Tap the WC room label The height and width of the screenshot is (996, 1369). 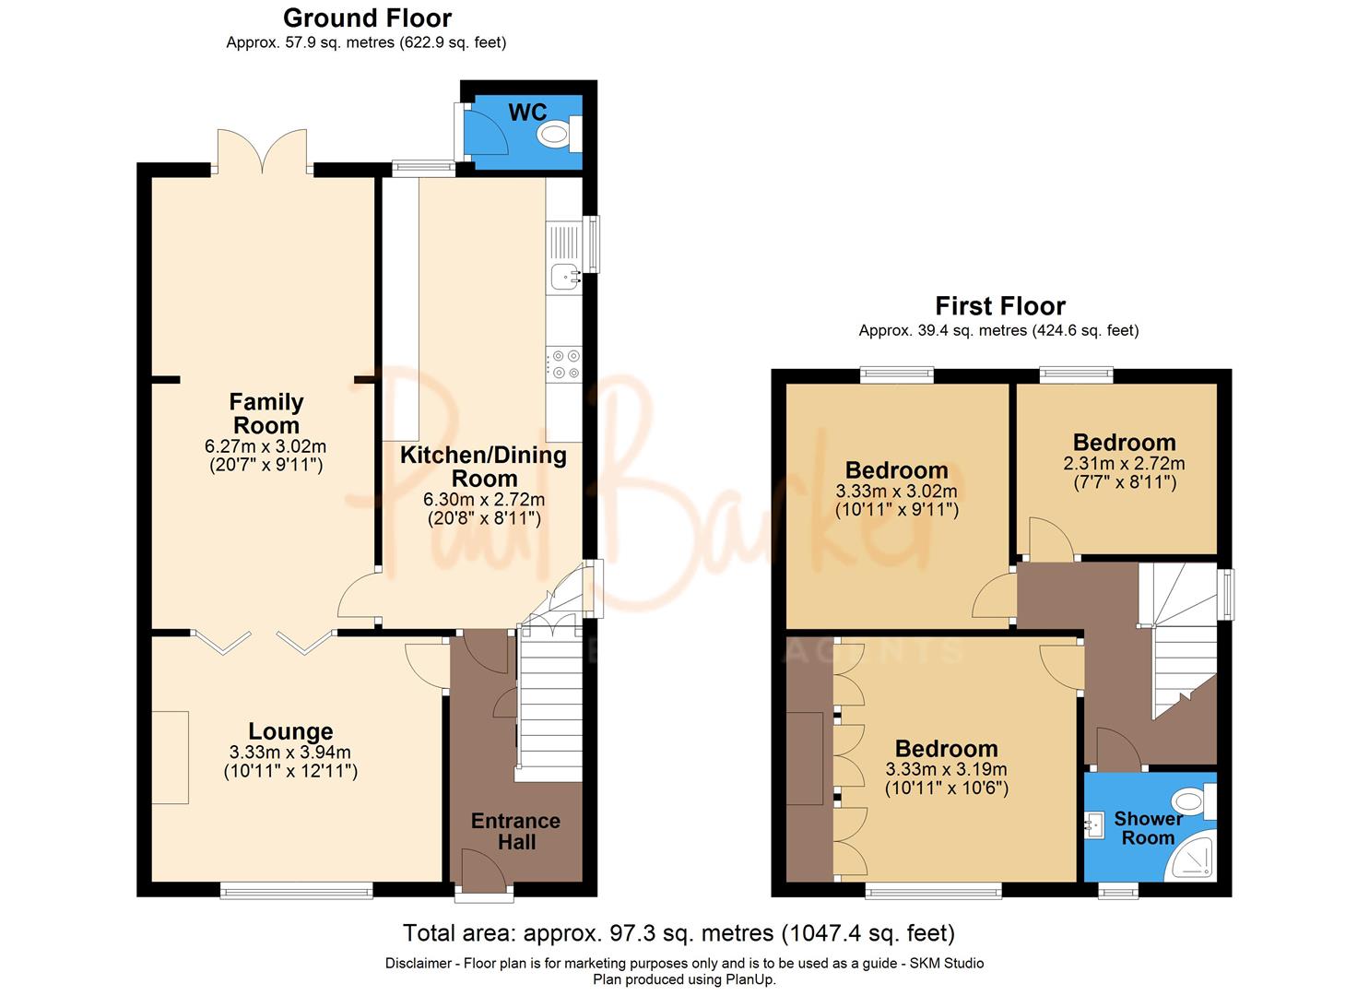coord(527,113)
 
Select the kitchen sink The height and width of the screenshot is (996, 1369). coord(564,275)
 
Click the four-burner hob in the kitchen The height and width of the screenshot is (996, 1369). coord(564,363)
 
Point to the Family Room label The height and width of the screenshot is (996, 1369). coord(266,414)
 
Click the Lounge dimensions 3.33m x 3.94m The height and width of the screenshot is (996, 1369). coord(290,753)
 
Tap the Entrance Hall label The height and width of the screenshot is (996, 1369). coord(515,831)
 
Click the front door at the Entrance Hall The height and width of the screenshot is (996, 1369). coord(484,872)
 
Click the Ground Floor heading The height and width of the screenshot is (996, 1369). coord(367,18)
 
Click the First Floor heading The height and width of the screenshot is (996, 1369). coord(1000,305)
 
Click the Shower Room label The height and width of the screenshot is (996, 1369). coord(1148,828)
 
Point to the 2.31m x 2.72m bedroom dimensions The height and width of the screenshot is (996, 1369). coord(1124,464)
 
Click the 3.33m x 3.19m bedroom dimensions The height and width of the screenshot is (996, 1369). coord(946,769)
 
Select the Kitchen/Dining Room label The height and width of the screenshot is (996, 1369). coord(484,467)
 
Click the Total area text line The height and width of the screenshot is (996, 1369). coord(679,933)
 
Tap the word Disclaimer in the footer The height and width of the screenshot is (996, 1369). coord(419,964)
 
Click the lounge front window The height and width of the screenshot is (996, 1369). coord(296,890)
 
